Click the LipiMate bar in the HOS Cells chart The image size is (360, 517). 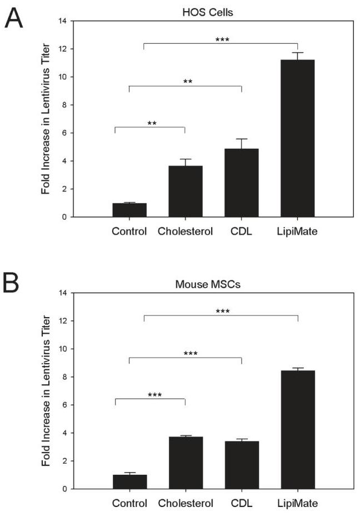point(297,138)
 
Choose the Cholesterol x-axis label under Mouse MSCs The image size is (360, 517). point(186,504)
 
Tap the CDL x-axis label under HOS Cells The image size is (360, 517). point(242,231)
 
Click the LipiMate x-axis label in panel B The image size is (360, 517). point(298,504)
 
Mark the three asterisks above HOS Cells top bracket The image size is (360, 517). point(222,40)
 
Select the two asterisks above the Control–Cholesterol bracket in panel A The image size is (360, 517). point(152,123)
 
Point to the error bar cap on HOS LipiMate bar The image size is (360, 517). point(297,53)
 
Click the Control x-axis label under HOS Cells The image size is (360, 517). point(129,231)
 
